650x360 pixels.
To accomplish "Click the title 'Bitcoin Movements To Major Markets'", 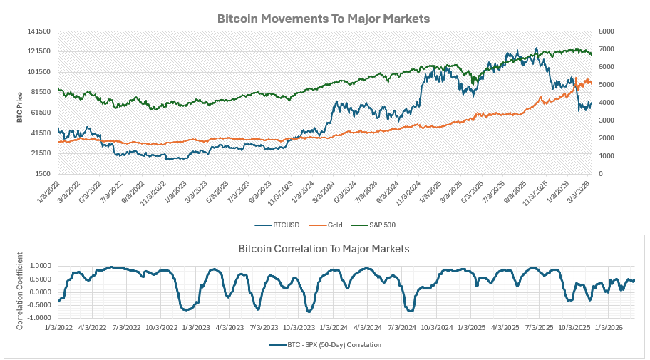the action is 324,19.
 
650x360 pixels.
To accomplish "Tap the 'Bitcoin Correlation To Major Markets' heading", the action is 324,249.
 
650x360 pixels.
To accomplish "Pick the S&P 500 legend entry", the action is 373,225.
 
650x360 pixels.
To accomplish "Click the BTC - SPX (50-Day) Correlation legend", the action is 325,344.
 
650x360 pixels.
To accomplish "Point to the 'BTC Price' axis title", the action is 20,108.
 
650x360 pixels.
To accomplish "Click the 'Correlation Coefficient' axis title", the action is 20,291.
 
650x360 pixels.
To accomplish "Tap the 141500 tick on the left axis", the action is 38,31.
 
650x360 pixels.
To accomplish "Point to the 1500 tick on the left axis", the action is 42,174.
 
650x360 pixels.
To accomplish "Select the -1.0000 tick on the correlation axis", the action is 39,319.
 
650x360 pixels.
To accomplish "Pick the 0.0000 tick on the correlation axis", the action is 41,292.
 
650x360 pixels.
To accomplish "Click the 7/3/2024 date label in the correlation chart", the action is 403,328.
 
